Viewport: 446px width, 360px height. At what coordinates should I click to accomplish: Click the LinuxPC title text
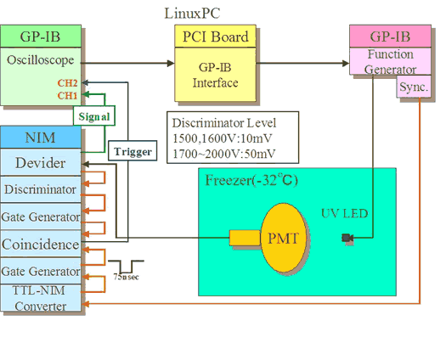[192, 14]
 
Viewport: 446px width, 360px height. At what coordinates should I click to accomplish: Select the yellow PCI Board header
[215, 37]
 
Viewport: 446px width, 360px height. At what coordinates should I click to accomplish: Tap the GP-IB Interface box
[215, 75]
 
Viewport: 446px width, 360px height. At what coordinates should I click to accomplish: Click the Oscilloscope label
[41, 60]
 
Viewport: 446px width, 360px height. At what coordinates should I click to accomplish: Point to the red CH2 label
[67, 83]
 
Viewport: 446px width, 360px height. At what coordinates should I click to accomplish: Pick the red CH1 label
[67, 96]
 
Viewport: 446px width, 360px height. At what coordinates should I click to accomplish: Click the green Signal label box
[94, 115]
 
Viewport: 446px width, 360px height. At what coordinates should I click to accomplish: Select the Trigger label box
[133, 151]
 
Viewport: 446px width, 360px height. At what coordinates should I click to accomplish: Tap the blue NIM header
[41, 137]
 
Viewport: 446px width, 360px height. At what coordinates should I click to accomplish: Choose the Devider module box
[41, 162]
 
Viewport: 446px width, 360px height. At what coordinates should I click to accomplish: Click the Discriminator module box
[41, 189]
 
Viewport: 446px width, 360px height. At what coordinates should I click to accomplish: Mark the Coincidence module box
[41, 245]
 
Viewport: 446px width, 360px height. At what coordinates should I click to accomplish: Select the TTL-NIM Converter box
[41, 298]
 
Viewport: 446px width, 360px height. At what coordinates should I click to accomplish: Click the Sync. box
[414, 87]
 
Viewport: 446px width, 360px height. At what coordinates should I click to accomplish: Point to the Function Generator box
[390, 61]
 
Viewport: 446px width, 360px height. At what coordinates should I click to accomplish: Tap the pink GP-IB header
[390, 37]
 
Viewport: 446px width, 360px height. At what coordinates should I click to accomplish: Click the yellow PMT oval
[284, 238]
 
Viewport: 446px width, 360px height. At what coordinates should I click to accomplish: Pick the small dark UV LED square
[346, 238]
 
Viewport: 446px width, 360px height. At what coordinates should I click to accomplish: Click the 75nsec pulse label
[127, 277]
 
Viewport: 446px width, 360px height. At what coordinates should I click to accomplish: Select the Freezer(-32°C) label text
[251, 180]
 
